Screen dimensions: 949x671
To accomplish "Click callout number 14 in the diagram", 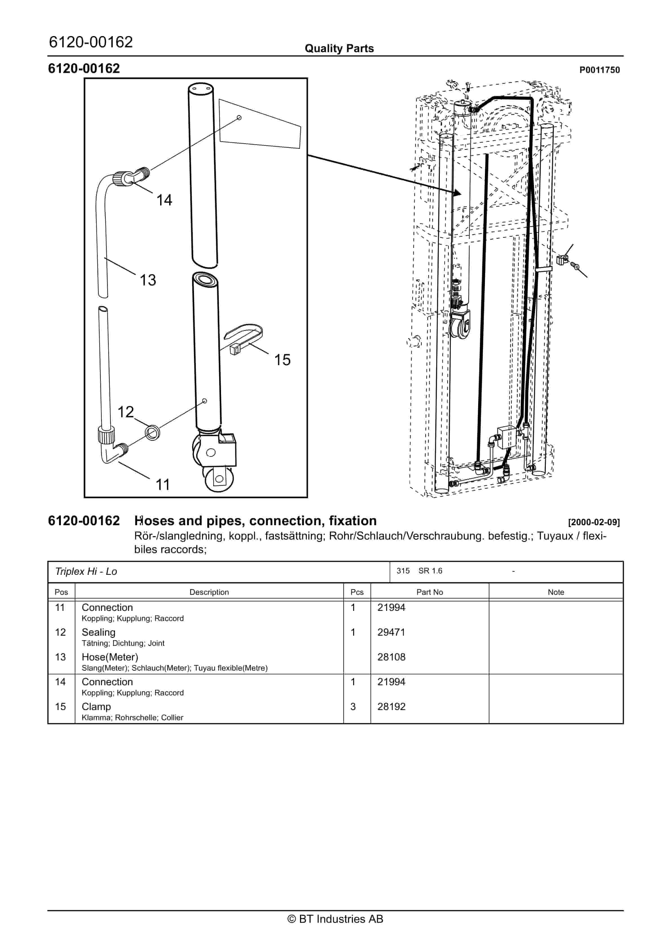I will (164, 200).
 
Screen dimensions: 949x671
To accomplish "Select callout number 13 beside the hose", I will (148, 280).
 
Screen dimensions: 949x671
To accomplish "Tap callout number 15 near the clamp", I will (282, 360).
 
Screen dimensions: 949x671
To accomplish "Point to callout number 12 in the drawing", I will (126, 412).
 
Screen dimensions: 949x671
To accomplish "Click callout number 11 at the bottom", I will (163, 485).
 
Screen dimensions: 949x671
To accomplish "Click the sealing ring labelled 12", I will (153, 433).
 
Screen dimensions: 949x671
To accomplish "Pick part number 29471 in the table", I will (391, 632).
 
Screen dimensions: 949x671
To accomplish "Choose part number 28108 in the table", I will (391, 657).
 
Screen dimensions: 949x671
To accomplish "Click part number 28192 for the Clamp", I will (391, 707).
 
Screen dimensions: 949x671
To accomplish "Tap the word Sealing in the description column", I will (98, 632).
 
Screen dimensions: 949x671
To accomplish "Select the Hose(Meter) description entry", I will (110, 657).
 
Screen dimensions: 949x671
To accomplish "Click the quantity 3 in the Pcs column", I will (353, 707).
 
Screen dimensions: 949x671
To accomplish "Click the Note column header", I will (556, 592).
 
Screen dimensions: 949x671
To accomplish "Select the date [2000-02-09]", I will (594, 522).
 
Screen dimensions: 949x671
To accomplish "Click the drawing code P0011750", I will (599, 70).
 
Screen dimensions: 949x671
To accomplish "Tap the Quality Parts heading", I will (339, 49).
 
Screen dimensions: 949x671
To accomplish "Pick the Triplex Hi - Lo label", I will (86, 572).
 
